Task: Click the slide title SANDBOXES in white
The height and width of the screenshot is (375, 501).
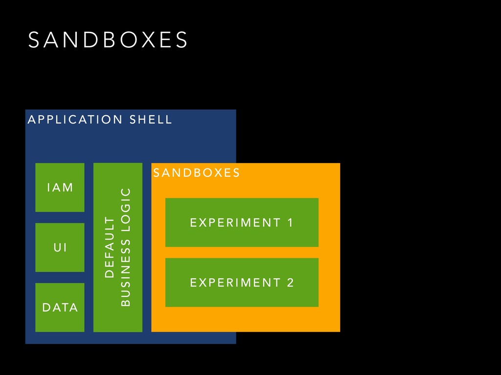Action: coord(108,40)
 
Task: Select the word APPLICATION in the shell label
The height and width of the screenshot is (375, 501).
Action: coord(75,120)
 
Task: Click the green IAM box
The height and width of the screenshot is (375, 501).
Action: coord(60,187)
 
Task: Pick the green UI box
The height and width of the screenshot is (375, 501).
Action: coord(60,248)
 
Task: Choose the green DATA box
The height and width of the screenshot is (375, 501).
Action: coord(60,307)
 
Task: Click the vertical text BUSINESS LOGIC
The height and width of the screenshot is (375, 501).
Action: coord(126,248)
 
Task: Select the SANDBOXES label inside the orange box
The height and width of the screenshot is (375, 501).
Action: coord(196,173)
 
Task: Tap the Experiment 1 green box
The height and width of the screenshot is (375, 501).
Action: coord(242,223)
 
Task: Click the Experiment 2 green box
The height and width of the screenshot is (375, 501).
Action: coord(242,282)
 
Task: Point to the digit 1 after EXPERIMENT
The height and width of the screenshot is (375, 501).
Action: coord(290,223)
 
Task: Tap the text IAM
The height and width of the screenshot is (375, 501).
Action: coord(60,187)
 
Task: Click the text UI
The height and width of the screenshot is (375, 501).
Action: coord(60,248)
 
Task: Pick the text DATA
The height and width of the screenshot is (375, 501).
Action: coord(60,308)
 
